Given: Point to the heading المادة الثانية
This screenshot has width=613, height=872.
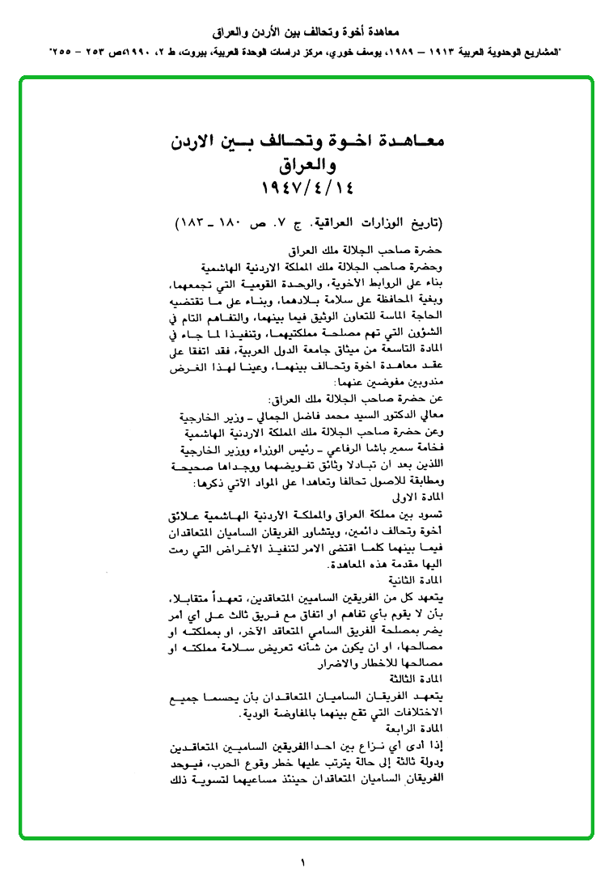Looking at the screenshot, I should pyautogui.click(x=417, y=579).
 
